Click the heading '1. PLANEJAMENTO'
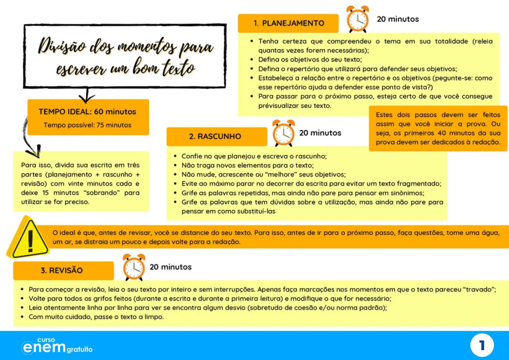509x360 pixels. pos(289,23)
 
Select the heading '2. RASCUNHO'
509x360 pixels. pos(215,136)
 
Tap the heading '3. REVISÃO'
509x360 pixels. pos(62,270)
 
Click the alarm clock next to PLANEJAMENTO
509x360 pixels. pos(358,19)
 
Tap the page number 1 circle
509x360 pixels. pos(482,345)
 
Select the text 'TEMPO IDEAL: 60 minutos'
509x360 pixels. pos(87,112)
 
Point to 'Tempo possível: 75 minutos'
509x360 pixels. pos(87,125)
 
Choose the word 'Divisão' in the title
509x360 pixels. pos(62,46)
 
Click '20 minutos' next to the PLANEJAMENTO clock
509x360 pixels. pos(398,19)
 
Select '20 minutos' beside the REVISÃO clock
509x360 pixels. pos(170,267)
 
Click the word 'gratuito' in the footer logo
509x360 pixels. pos(79,349)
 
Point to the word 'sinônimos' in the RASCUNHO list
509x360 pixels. pos(407,193)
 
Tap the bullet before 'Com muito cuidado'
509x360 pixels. pos(22,317)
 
